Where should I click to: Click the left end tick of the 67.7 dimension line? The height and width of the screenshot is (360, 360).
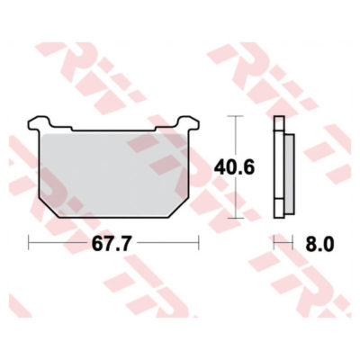coord(31,243)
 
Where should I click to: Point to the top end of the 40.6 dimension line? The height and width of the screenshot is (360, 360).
coord(237,117)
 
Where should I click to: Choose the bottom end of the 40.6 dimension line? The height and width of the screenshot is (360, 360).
coord(237,217)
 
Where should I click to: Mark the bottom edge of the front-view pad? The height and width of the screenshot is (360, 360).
coord(113,216)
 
